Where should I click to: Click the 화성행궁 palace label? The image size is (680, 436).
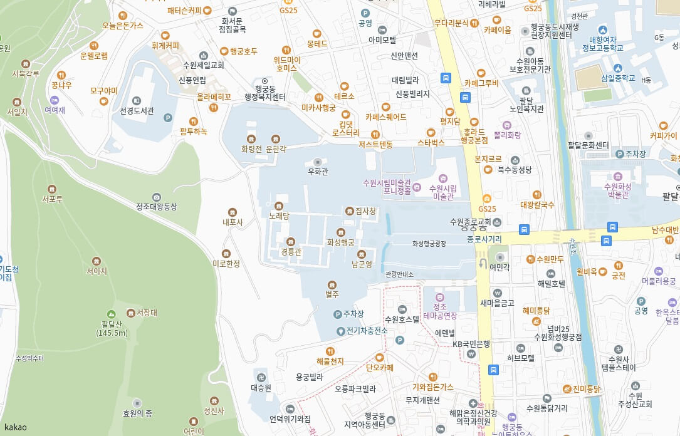pos(340,242)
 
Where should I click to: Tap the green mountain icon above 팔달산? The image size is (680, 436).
pos(111,314)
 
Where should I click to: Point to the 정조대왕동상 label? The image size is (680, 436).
pos(157,206)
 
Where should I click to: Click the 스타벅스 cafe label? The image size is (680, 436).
pos(431,143)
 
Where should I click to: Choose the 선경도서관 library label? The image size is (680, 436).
pos(137,110)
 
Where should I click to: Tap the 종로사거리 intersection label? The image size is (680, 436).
pos(484,239)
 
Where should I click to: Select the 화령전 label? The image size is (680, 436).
pos(251,149)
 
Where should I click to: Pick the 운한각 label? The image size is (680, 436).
pos(276,149)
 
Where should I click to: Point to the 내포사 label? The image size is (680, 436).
pos(233,222)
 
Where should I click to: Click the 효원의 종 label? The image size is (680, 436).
pos(138,413)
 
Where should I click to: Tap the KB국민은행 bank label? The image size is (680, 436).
pos(471,344)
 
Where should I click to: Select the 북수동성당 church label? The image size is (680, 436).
pos(515,169)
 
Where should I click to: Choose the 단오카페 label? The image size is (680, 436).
pos(379,368)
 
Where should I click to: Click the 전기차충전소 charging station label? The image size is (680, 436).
pos(367,330)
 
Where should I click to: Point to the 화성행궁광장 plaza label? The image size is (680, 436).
pos(429,243)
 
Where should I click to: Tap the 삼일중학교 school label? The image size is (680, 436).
pos(617,78)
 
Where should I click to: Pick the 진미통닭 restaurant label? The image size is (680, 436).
pos(586,388)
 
